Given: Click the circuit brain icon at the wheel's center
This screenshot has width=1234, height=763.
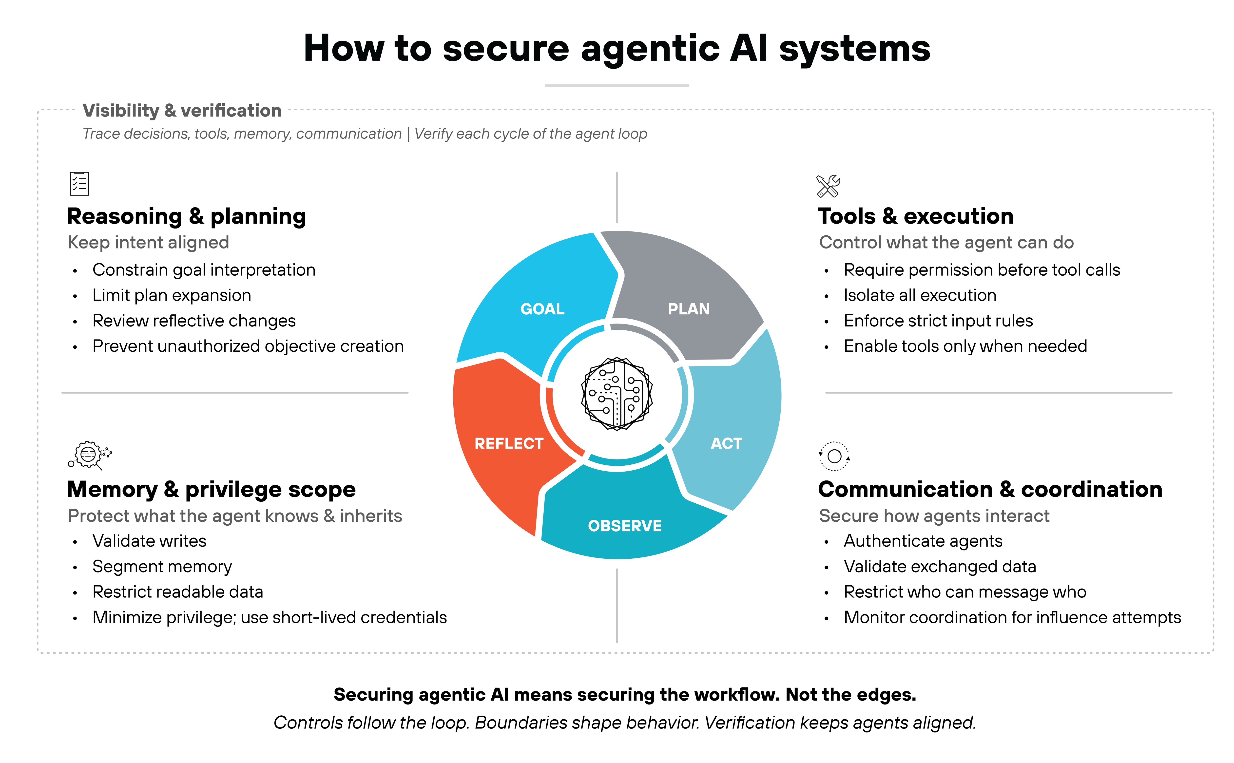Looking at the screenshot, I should tap(617, 394).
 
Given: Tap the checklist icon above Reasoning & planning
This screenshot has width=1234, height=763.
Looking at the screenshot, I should tap(79, 184).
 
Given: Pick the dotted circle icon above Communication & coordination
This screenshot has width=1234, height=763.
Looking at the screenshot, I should tap(834, 456).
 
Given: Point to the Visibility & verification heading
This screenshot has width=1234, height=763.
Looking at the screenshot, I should tap(182, 111).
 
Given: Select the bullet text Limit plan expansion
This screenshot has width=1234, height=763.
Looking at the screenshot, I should tap(172, 295).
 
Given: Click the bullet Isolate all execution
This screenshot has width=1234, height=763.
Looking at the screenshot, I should tap(920, 295).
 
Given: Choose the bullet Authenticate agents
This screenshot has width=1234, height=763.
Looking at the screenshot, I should tap(923, 541).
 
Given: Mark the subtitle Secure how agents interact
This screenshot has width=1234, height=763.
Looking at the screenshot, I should tap(934, 516).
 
